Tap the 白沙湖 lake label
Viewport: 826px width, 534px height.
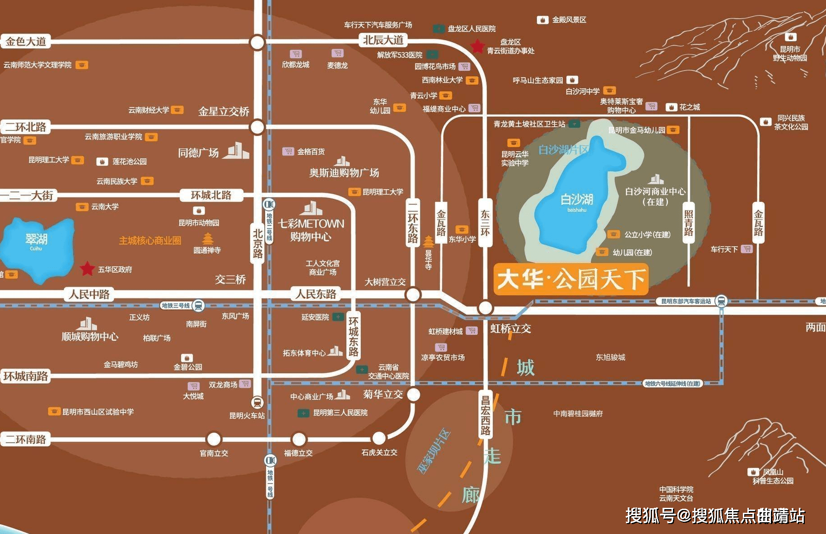(577, 199)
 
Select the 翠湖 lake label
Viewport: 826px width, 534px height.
(36, 239)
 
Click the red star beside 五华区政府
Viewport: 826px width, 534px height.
(87, 269)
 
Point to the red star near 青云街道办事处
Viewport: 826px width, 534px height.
(477, 46)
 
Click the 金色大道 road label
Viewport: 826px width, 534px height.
(26, 42)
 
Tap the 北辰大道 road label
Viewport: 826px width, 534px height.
(383, 40)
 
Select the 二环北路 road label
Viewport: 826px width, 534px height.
(26, 127)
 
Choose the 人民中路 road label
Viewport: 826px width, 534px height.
(89, 294)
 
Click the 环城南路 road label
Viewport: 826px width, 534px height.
(26, 376)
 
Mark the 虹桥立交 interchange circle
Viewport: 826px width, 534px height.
(485, 308)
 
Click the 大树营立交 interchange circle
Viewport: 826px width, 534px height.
(413, 295)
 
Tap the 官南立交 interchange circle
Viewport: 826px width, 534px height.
(214, 439)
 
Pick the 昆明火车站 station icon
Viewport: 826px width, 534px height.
(257, 402)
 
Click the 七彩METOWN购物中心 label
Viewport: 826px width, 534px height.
(311, 230)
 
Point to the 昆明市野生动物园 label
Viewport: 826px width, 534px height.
(790, 53)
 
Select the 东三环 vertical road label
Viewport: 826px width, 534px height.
(485, 223)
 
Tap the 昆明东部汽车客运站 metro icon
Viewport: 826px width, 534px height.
(721, 301)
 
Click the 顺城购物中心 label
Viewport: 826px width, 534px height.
(90, 336)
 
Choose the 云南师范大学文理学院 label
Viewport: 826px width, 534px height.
(37, 65)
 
